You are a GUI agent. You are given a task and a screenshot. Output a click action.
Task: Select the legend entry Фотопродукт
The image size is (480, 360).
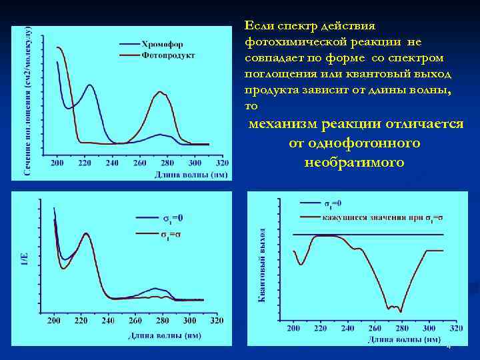(167, 55)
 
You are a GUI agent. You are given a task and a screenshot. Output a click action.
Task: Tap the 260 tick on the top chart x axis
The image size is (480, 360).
(140, 163)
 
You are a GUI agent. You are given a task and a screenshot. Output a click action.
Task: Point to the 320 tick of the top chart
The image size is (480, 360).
(222, 163)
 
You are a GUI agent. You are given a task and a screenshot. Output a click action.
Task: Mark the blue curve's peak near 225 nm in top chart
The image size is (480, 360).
(89, 85)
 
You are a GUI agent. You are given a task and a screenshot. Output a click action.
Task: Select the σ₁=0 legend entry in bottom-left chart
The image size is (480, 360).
(173, 217)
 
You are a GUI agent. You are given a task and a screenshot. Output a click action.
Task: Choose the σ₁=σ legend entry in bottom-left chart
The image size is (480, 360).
(173, 234)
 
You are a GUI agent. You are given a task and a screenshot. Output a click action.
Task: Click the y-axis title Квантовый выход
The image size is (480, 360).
(263, 265)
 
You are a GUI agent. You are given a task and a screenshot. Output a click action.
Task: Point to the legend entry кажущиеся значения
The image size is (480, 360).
(373, 217)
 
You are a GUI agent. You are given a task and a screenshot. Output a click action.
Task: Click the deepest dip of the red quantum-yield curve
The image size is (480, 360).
(400, 311)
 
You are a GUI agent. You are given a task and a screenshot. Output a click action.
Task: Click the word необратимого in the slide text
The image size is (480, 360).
(353, 162)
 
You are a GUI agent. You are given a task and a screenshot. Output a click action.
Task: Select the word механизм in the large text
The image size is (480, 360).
(283, 124)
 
